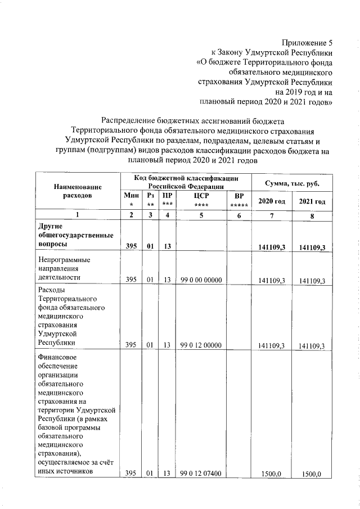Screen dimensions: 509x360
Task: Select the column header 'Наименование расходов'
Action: [x=78, y=190]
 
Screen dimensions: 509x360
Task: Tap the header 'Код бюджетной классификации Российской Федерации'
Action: [x=186, y=181]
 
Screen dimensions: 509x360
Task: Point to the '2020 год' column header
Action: [x=271, y=201]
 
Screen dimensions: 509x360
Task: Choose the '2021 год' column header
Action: [x=312, y=201]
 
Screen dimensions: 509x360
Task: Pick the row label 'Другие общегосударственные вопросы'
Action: [x=75, y=236]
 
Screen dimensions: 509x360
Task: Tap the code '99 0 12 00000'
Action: [x=201, y=345]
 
